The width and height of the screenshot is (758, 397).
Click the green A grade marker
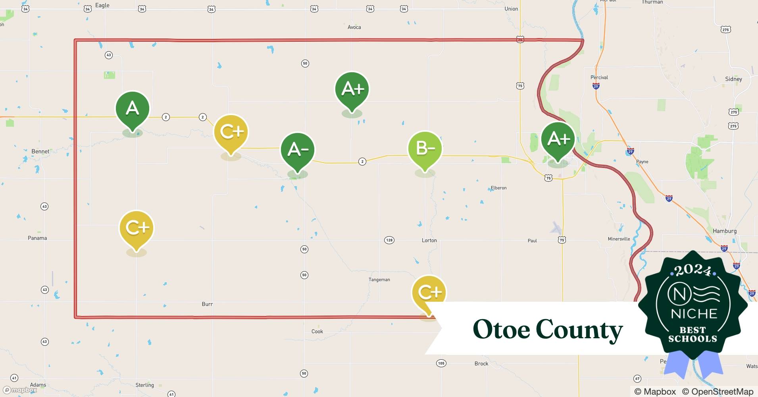click(x=132, y=108)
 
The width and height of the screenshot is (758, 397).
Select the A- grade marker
click(x=298, y=150)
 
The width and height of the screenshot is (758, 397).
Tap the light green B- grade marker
click(x=425, y=148)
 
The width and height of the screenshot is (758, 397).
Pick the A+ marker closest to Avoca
click(x=352, y=89)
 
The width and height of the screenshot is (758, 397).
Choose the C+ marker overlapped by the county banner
click(x=429, y=293)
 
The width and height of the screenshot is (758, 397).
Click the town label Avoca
click(x=354, y=27)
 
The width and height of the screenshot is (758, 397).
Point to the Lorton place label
click(x=429, y=240)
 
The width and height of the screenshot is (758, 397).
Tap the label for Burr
click(x=207, y=304)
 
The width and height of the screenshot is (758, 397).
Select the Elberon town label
click(x=498, y=188)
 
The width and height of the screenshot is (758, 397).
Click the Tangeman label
click(x=379, y=279)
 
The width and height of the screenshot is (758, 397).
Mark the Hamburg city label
click(x=724, y=231)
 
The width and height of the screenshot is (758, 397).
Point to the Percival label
click(x=599, y=77)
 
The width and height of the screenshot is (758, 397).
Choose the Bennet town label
click(x=40, y=151)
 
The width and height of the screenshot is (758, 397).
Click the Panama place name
click(x=37, y=238)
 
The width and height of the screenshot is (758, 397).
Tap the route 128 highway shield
click(x=389, y=240)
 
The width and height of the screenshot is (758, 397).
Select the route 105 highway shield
click(x=441, y=363)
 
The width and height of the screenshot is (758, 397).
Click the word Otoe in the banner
click(x=501, y=330)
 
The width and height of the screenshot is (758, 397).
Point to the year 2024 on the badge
click(x=693, y=270)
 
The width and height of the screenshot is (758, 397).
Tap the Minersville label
click(x=619, y=239)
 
